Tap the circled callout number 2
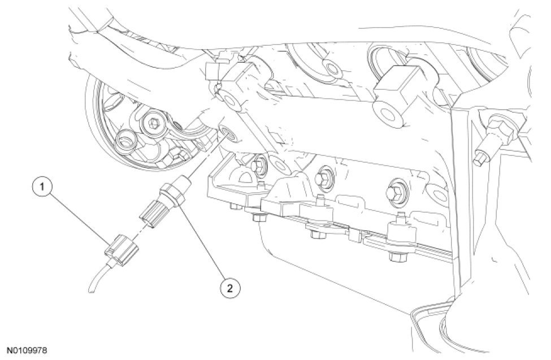[229, 288]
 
